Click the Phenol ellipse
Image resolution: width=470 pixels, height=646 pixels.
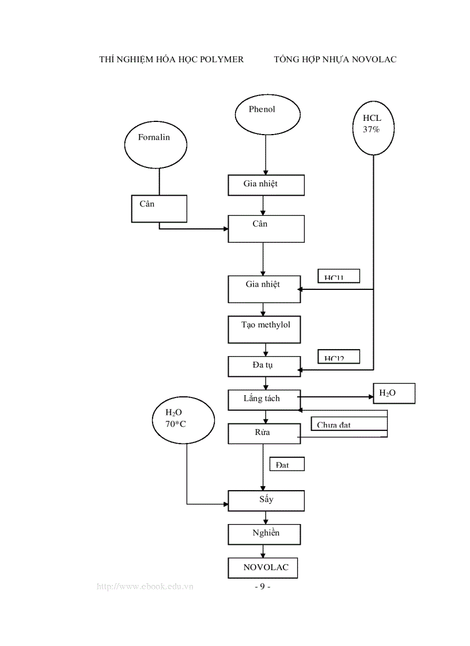point(267,114)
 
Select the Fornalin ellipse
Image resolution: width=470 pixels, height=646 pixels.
point(155,143)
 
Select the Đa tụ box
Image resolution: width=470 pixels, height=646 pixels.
point(264,366)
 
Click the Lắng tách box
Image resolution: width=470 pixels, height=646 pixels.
point(264,399)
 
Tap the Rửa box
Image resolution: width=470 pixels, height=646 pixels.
point(264,433)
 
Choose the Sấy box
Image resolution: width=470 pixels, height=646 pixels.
point(266,500)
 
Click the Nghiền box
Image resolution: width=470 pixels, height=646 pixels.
point(264,534)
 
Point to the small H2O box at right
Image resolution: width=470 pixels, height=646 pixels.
point(394,393)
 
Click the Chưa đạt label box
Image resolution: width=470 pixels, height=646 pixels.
point(347,423)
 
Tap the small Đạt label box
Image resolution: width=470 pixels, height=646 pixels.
point(287,464)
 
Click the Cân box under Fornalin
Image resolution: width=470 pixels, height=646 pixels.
point(159,208)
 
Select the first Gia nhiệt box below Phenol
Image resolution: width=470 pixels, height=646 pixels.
point(266,185)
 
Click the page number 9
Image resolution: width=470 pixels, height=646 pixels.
point(262,587)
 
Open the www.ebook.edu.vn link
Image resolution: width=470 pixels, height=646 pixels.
point(145,587)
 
